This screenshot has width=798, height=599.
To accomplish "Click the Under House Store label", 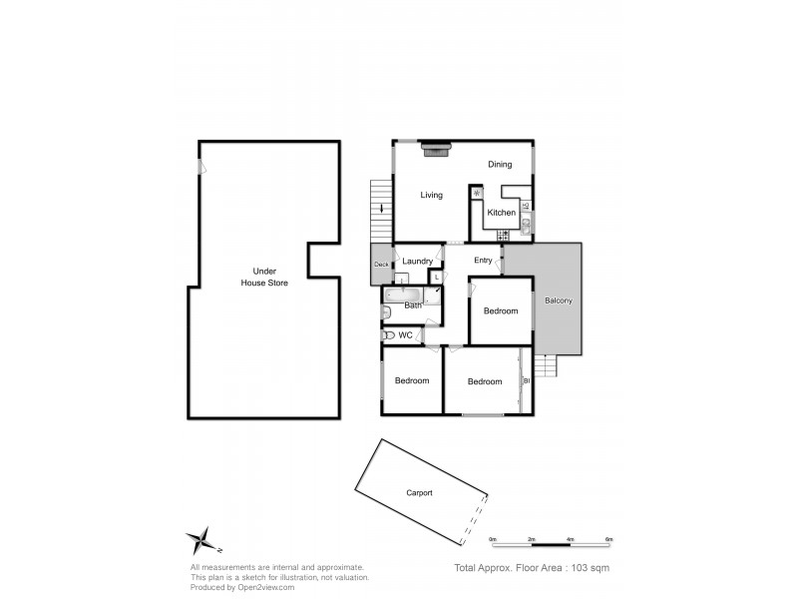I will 264,277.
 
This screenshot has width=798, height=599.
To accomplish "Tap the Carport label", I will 419,492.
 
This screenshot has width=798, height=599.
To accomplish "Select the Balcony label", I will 558,300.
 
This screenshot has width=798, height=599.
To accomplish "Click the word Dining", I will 500,165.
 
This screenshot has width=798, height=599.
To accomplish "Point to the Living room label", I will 431,195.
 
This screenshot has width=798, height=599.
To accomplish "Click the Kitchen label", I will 501,213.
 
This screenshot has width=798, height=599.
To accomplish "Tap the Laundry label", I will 419,262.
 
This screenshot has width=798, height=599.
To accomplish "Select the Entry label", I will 483,261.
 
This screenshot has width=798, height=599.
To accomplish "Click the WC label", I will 405,335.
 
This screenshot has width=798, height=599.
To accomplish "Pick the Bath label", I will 413,304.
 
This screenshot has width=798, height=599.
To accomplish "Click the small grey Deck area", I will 381,265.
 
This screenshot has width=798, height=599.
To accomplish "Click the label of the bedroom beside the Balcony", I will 501,310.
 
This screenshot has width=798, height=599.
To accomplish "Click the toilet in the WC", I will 388,335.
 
